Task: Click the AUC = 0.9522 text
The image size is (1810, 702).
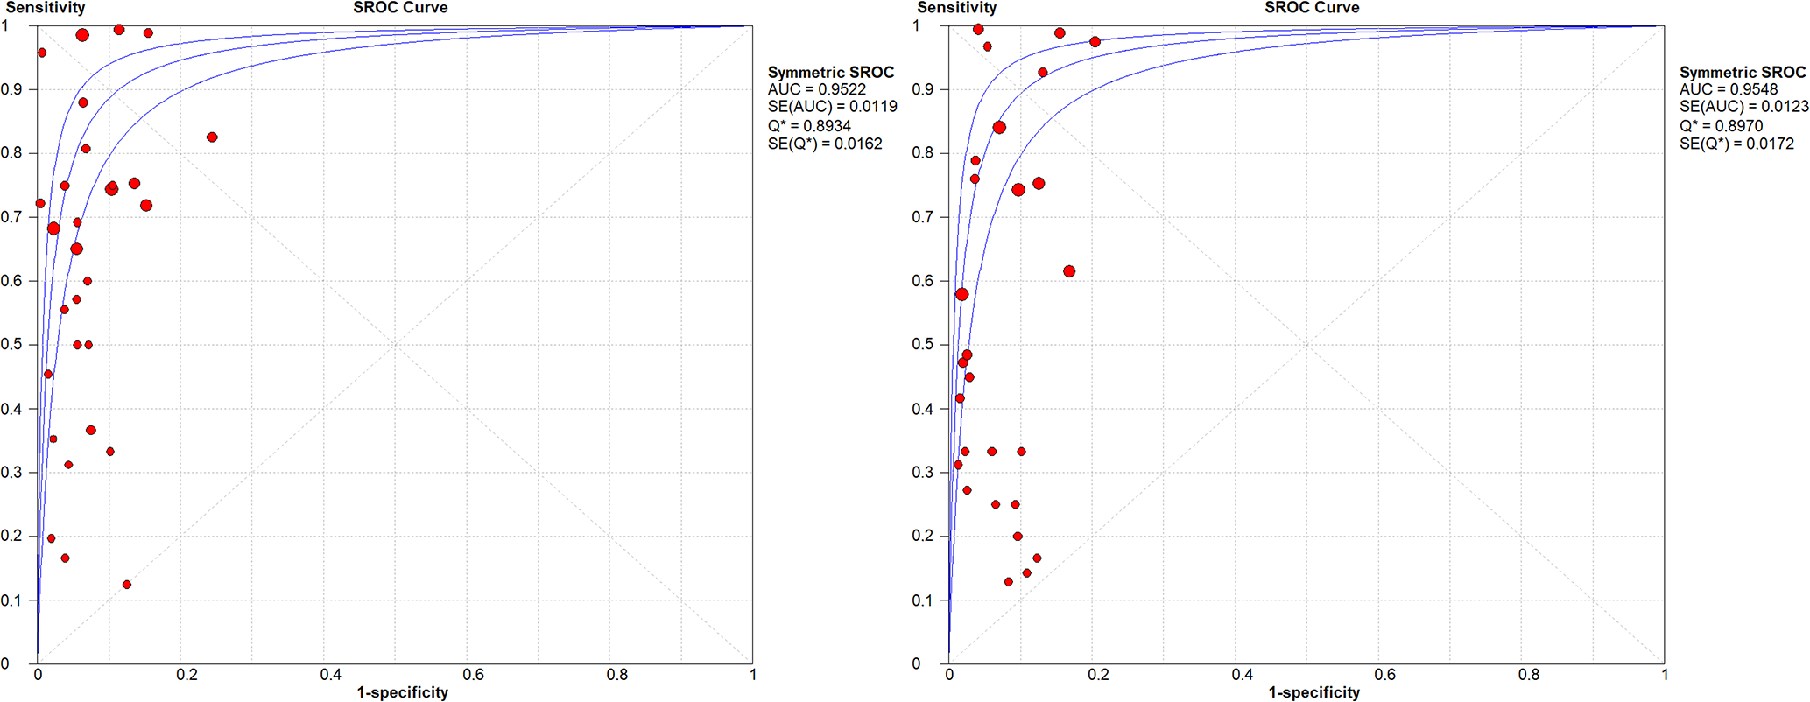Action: [x=816, y=90]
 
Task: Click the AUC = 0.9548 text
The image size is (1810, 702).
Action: [x=1728, y=90]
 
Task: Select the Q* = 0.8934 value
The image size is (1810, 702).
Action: [x=809, y=126]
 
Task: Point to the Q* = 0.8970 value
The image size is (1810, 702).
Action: [x=1721, y=126]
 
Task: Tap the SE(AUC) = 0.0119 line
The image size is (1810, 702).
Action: [x=832, y=108]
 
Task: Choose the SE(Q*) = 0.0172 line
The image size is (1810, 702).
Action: [x=1736, y=144]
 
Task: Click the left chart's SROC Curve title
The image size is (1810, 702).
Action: [x=400, y=8]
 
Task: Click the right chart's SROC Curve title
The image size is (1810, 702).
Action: [x=1312, y=8]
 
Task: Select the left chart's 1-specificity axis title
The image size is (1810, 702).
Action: [x=402, y=692]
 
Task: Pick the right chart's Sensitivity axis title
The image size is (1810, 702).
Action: [x=956, y=8]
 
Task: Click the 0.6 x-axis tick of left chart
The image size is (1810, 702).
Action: [x=474, y=675]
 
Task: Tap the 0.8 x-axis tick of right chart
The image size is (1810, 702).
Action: [x=1529, y=675]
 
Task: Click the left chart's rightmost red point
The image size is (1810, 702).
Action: [x=212, y=137]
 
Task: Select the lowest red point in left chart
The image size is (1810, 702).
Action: [x=127, y=585]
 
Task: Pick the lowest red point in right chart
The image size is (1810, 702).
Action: [x=1008, y=582]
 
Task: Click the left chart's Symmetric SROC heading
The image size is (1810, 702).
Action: [x=830, y=73]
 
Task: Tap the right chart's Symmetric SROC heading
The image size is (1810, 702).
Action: [x=1742, y=73]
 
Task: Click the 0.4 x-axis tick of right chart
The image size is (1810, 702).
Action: [x=1243, y=675]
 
